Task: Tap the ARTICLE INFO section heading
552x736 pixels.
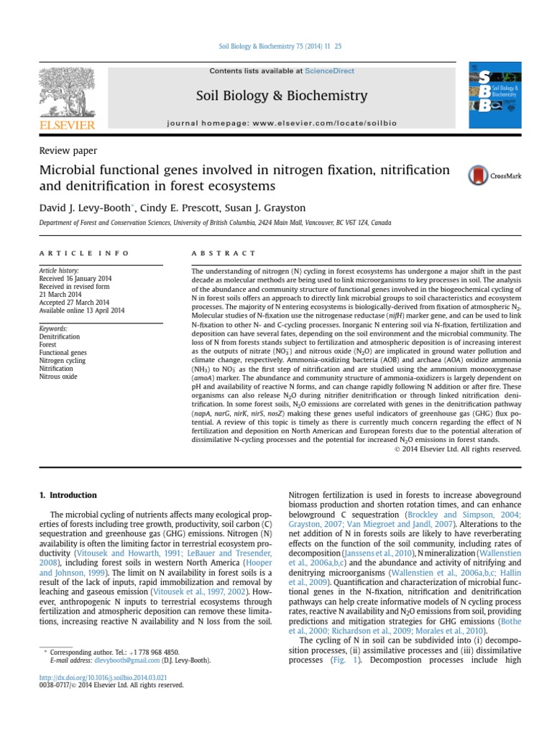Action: (83, 254)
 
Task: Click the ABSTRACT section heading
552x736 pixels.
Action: (223, 254)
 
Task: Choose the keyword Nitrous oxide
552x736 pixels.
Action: (57, 376)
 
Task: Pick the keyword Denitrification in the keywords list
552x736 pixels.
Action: (60, 336)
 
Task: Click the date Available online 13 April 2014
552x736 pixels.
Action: (81, 310)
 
